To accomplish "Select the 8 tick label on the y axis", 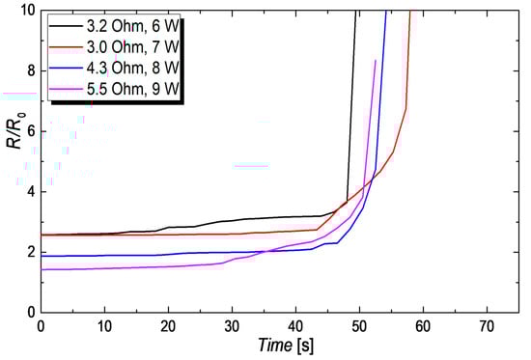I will click(x=27, y=70).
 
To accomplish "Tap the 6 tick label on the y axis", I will click(x=27, y=131).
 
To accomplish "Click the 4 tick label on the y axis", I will click(x=27, y=191).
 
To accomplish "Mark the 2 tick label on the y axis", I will click(x=27, y=252).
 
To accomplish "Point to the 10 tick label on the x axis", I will click(x=104, y=325).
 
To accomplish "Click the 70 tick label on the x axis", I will click(x=487, y=325).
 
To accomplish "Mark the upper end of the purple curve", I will click(x=376, y=60).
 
